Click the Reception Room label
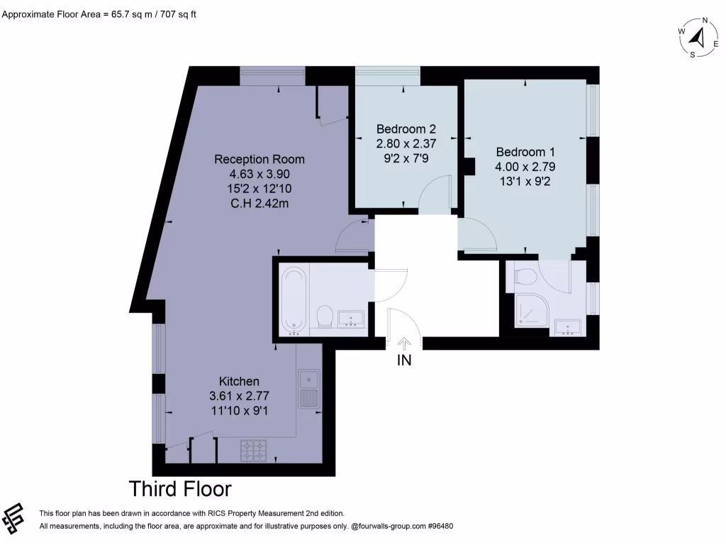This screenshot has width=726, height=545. coord(259,159)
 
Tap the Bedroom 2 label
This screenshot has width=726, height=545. coord(406,129)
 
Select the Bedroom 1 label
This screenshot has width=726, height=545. coord(525,152)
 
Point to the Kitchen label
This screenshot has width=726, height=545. coord(239,381)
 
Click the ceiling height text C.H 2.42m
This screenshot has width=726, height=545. coord(259,204)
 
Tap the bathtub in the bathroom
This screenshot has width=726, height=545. coord(293,300)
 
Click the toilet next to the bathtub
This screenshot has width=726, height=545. coord(325,316)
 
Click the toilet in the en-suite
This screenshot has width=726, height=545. coord(525,276)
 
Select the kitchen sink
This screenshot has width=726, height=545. coord(309,388)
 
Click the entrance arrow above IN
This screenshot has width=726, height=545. coord(404,343)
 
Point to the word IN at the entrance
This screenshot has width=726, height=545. coord(404,360)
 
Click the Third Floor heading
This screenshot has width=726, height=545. coord(180,489)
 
